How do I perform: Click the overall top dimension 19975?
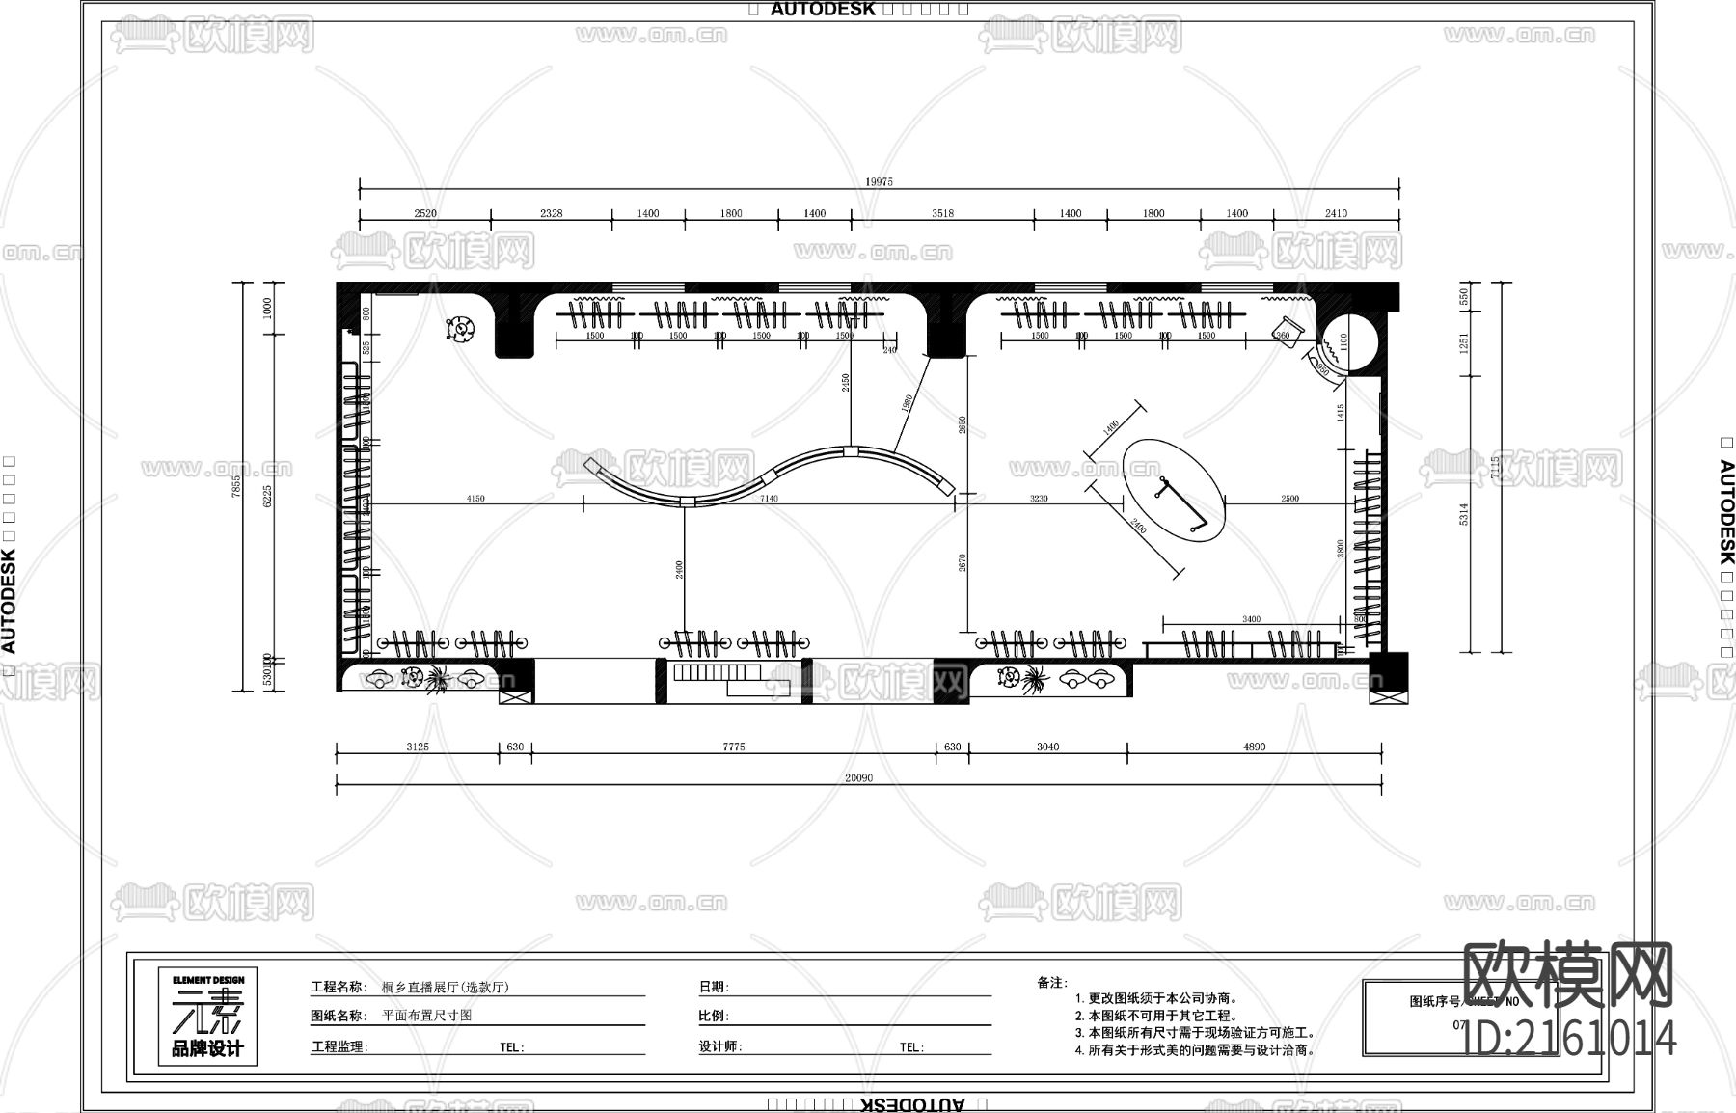879,181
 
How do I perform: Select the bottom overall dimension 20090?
858,777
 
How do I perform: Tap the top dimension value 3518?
942,213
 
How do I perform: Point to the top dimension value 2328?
551,213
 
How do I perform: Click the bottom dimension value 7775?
734,747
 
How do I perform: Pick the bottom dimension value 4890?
1254,747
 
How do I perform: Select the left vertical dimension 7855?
236,485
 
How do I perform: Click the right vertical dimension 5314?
1464,514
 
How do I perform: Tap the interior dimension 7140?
769,499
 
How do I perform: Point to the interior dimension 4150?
475,499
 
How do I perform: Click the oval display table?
1175,490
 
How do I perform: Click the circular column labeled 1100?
1343,342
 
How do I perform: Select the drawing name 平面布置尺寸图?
427,1016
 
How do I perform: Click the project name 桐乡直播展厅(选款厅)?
446,987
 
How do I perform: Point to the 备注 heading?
1051,983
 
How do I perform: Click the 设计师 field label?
719,1046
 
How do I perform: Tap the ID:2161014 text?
1570,1039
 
